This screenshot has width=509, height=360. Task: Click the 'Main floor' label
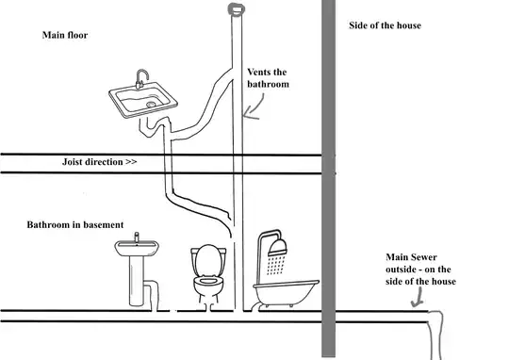[65, 35]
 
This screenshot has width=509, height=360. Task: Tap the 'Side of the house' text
[385, 25]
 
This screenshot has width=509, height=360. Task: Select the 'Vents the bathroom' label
[268, 78]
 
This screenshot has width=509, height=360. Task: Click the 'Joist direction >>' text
[99, 162]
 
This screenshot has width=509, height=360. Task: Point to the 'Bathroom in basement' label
[75, 224]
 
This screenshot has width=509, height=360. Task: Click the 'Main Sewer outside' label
[419, 263]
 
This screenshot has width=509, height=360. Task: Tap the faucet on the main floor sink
[141, 79]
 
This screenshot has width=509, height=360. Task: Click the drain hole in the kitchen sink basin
[151, 105]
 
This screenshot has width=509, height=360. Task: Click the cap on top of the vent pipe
[237, 8]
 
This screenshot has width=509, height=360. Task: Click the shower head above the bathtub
[278, 246]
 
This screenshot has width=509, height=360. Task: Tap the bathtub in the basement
[286, 293]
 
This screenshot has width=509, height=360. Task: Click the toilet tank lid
[208, 251]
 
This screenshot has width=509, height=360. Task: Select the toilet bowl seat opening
[208, 280]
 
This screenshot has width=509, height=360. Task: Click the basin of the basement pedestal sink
[137, 248]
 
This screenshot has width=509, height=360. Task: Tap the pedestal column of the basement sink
[137, 281]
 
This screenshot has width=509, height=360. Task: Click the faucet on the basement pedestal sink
[137, 237]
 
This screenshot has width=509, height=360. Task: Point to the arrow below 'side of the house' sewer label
[418, 297]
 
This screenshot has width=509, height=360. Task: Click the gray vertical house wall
[329, 178]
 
